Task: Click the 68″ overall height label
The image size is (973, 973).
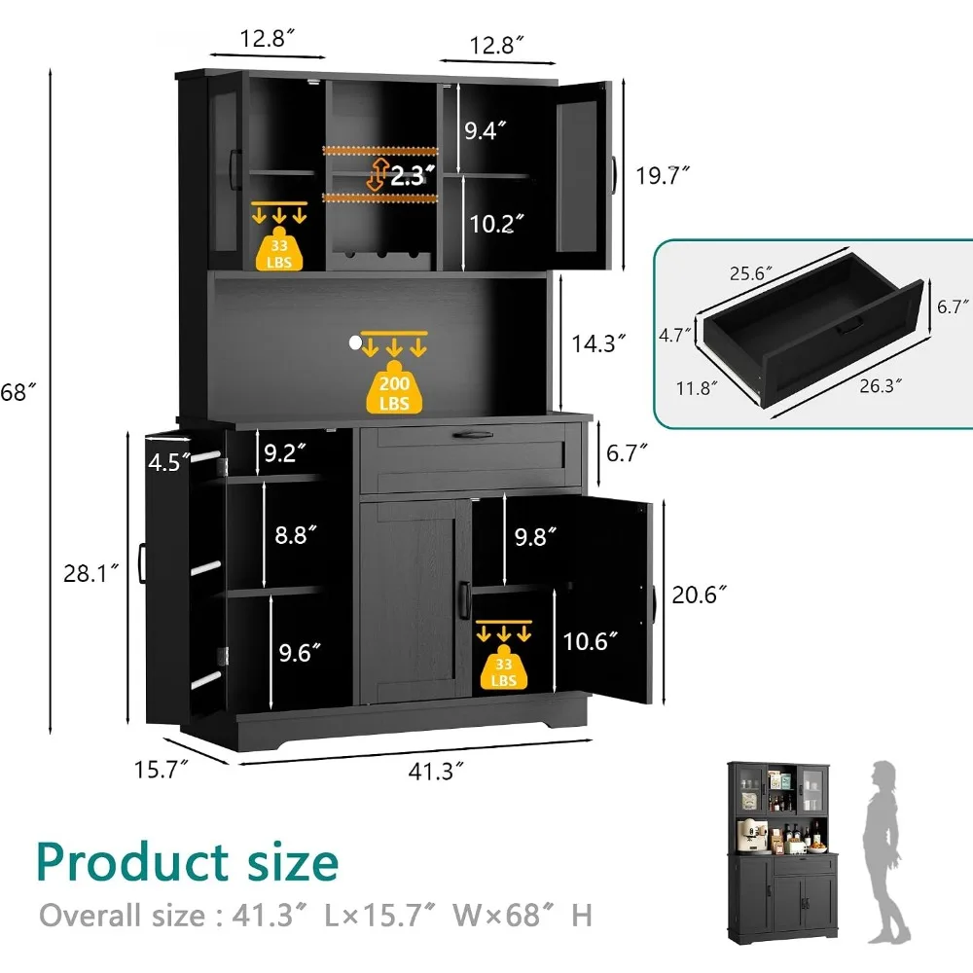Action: click(18, 392)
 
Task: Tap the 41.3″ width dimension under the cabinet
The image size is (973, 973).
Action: click(436, 772)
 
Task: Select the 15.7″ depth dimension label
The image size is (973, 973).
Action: click(161, 770)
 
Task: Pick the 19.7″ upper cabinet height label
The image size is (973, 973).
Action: click(663, 175)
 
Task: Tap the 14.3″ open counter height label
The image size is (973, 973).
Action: click(598, 343)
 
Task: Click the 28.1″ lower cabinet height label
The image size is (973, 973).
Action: click(90, 573)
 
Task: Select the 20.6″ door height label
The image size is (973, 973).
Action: click(699, 595)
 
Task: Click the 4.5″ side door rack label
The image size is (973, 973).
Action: click(168, 462)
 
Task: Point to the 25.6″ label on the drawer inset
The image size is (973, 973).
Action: click(750, 273)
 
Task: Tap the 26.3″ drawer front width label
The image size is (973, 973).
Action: click(881, 386)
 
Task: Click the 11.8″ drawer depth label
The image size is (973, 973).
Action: click(697, 388)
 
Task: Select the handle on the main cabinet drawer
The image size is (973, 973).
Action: click(473, 436)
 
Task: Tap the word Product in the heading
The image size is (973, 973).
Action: click(133, 861)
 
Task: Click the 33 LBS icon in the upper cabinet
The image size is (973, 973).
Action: click(279, 248)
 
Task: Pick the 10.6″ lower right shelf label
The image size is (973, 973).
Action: click(591, 641)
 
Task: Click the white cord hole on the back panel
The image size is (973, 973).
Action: click(355, 342)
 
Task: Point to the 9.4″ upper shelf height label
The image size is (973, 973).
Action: click(486, 130)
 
